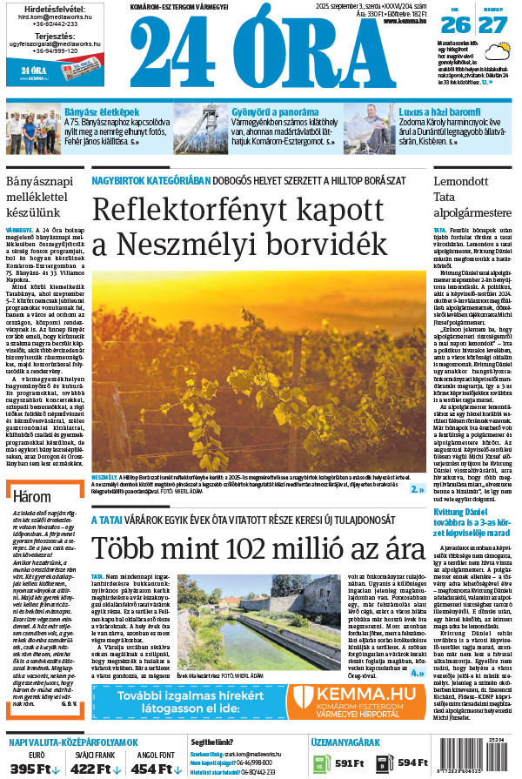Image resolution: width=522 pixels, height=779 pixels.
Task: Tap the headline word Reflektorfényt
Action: (x=181, y=211)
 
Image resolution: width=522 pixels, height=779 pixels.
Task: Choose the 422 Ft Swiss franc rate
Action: (x=90, y=768)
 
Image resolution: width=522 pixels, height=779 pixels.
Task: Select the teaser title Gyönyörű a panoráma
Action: (x=273, y=113)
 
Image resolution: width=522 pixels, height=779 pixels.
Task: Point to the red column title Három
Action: (x=32, y=497)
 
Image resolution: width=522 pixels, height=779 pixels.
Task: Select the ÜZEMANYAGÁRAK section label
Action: (x=345, y=742)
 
